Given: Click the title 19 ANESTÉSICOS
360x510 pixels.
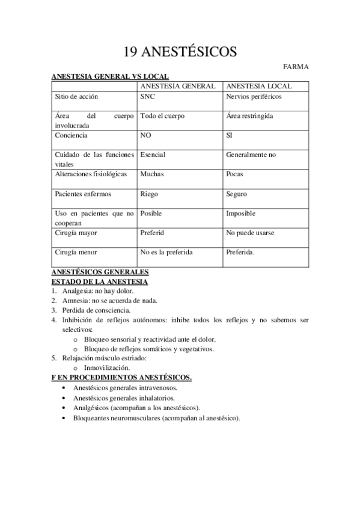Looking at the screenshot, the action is tap(180, 52).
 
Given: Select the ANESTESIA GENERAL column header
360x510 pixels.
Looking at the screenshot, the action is tap(177, 86).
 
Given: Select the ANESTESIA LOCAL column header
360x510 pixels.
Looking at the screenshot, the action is tap(259, 86).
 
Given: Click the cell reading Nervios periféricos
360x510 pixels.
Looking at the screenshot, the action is tap(254, 96).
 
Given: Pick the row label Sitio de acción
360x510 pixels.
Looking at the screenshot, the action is tap(76, 96).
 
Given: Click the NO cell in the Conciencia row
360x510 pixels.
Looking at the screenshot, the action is tap(145, 135).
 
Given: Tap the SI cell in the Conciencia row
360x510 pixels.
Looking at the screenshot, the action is tap(229, 135).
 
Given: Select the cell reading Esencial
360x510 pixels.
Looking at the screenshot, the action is tap(153, 155).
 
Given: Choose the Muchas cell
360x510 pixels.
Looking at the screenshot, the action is tap(151, 174).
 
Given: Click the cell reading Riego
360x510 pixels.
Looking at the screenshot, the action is tap(149, 194).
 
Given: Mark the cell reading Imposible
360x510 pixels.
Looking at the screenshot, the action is tap(240, 213).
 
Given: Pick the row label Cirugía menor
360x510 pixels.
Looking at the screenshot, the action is tap(76, 252).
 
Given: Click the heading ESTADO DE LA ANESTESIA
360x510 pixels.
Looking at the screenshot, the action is tap(100, 281).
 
